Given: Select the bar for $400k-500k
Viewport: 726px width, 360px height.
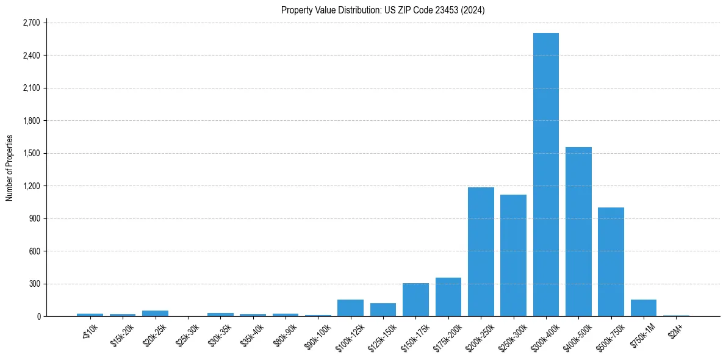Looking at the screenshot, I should point(578,232).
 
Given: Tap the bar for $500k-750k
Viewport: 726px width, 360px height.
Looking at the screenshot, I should point(611,262).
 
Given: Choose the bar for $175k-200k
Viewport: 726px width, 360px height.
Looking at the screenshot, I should point(448,297).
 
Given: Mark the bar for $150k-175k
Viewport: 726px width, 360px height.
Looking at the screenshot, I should point(415,300).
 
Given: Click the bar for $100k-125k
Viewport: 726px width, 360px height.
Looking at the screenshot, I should point(350,308).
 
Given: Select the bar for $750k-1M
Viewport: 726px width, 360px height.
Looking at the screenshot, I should point(644,308).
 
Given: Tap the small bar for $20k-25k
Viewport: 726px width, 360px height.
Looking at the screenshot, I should point(155,313).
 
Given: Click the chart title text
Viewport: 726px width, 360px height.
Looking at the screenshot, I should point(383,10).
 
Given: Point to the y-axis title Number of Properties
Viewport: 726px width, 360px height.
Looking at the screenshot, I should point(10,168).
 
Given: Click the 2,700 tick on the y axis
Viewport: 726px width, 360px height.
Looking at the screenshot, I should point(31,23).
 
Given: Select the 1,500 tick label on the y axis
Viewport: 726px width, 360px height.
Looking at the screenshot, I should point(31,153).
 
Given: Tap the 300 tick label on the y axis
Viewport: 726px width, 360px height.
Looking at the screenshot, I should point(34,284).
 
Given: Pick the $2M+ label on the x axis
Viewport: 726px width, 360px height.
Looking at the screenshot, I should point(675,330).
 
